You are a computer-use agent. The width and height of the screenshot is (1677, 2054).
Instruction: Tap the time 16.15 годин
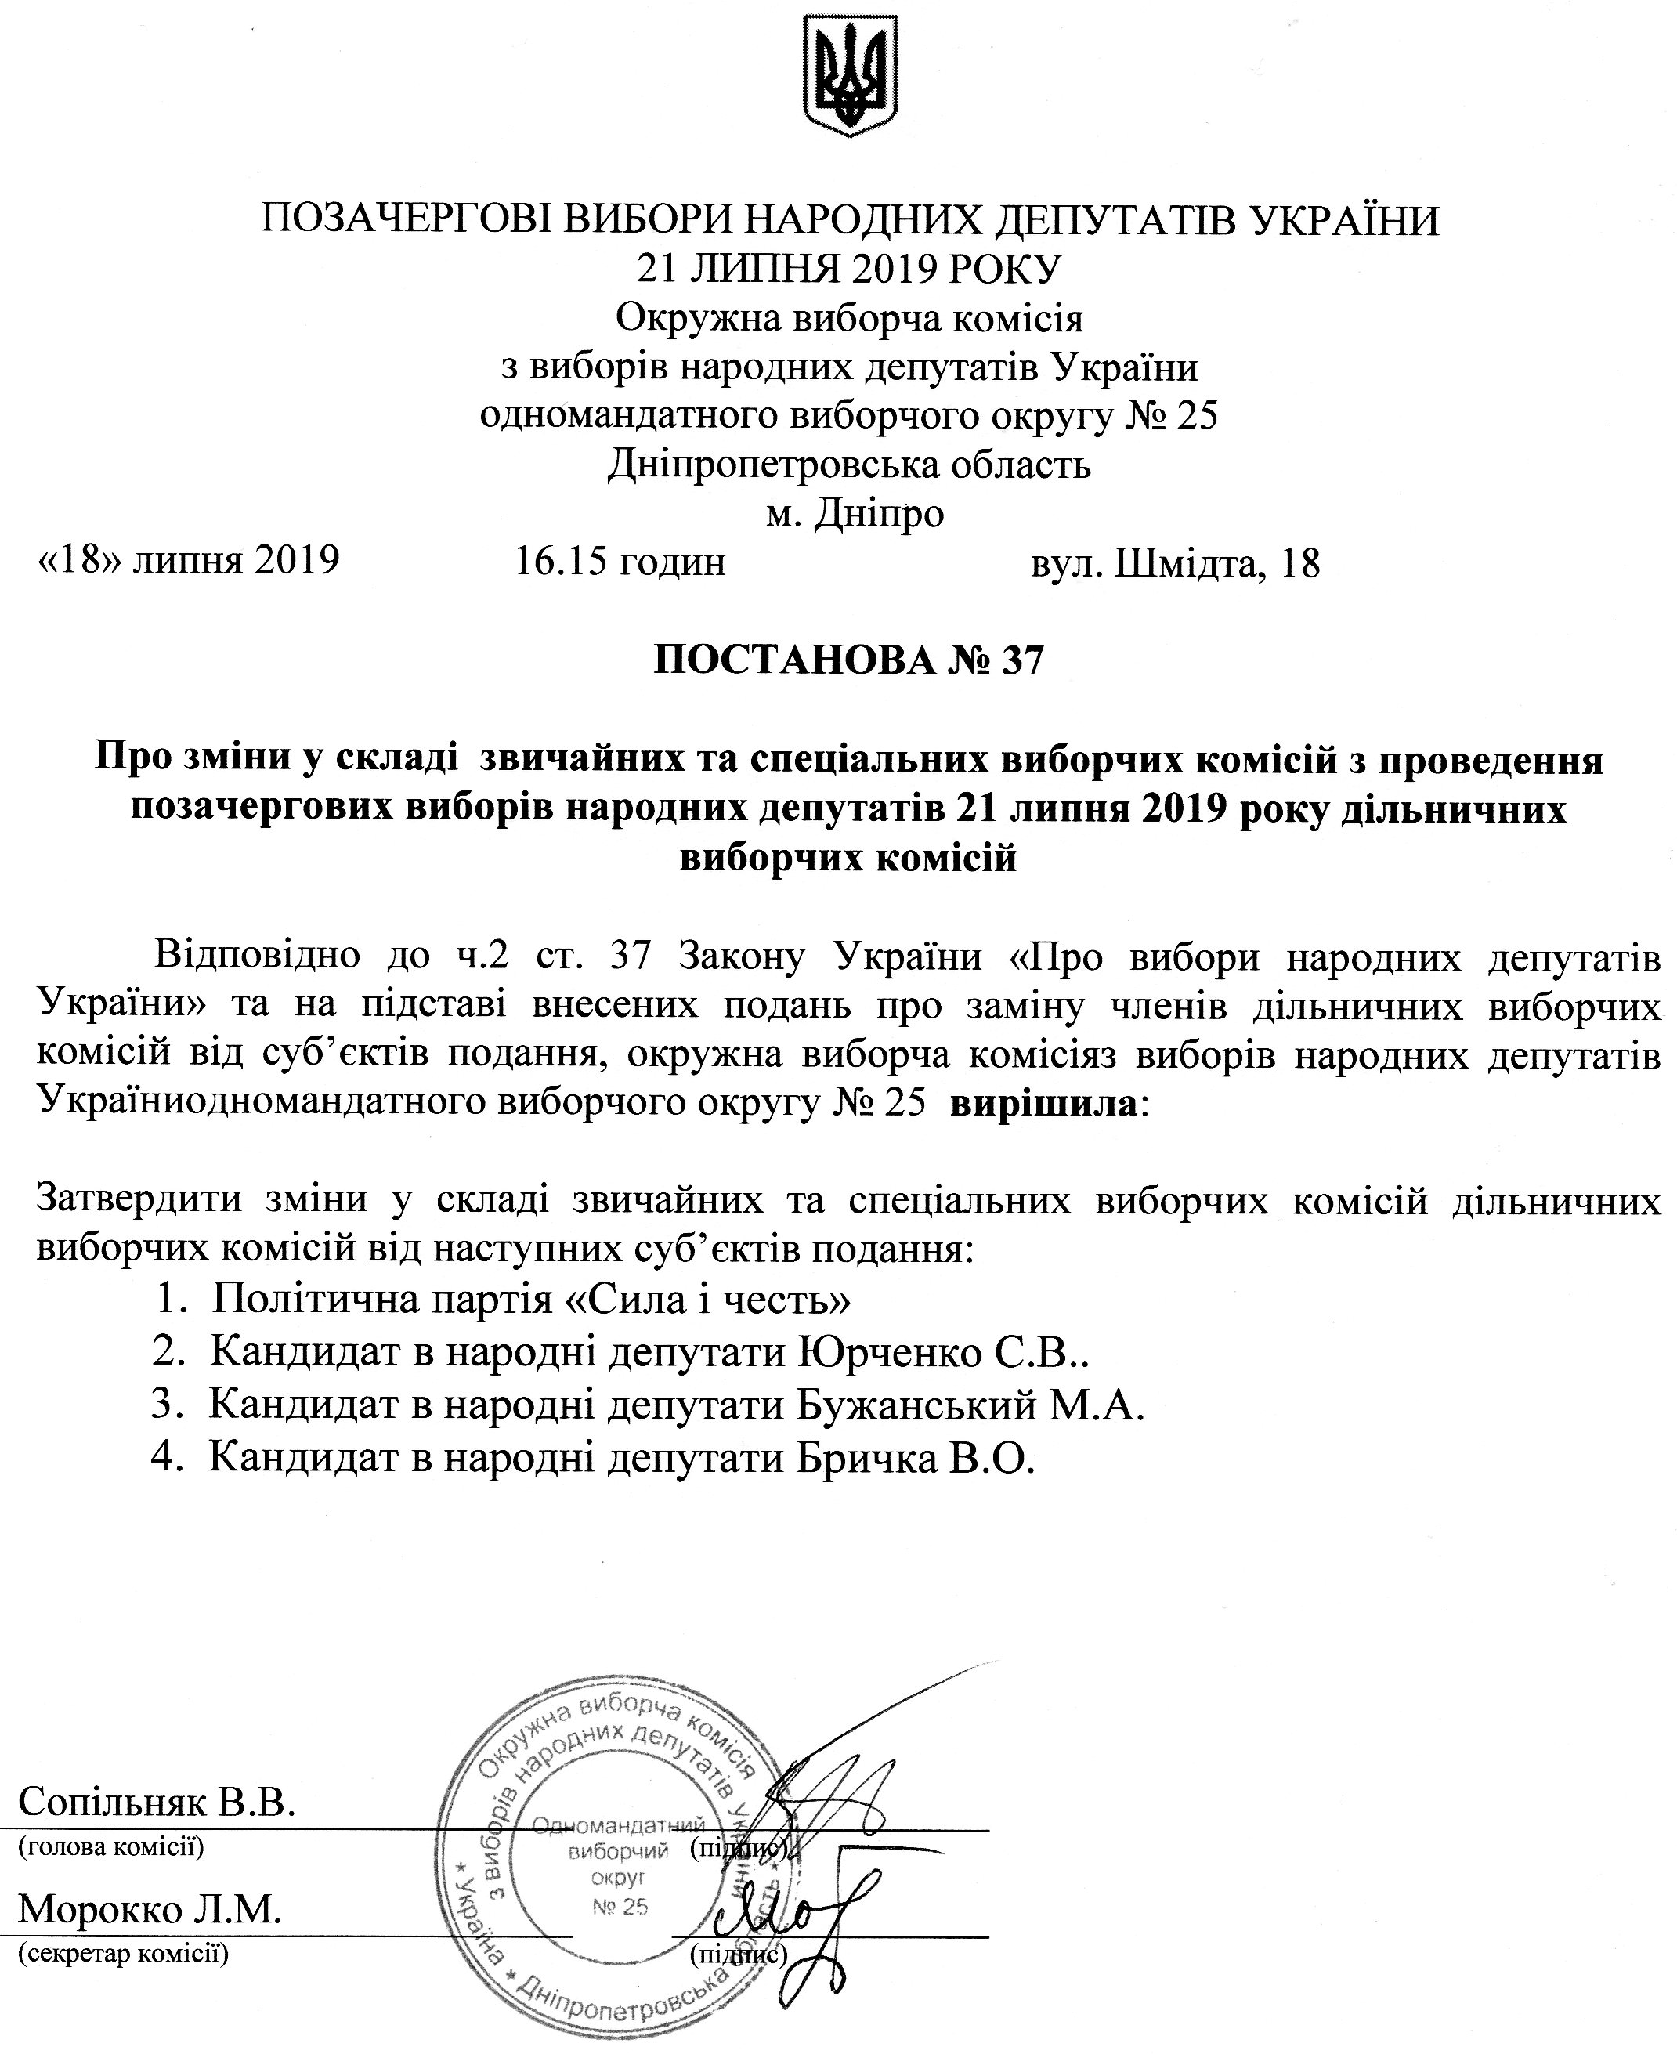[620, 562]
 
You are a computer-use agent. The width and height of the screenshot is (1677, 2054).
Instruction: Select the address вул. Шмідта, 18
[1175, 562]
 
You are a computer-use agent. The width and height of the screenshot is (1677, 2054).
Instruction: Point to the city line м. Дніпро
[855, 513]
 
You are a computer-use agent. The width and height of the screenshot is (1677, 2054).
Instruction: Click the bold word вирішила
[1044, 1101]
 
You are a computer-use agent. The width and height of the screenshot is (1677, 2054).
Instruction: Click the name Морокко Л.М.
[150, 1908]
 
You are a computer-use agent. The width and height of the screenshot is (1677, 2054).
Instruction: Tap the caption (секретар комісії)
[124, 1953]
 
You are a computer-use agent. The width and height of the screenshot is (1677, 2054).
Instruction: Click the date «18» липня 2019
[187, 559]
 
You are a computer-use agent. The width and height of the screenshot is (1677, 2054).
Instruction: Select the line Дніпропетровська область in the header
[849, 465]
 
